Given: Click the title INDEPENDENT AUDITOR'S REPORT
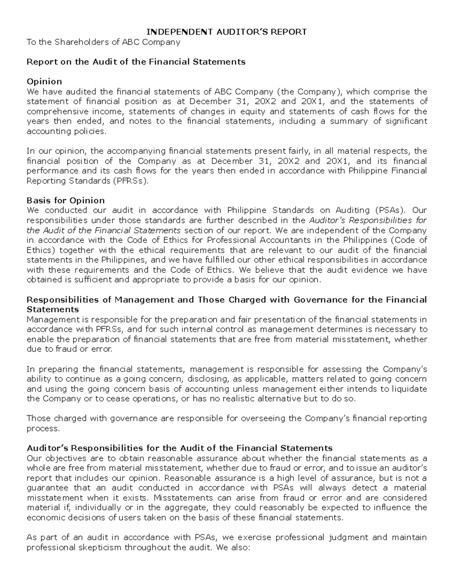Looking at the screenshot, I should point(227,32).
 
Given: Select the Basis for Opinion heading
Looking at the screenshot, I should point(65,200).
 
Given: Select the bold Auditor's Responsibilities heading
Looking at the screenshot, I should point(179,448).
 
